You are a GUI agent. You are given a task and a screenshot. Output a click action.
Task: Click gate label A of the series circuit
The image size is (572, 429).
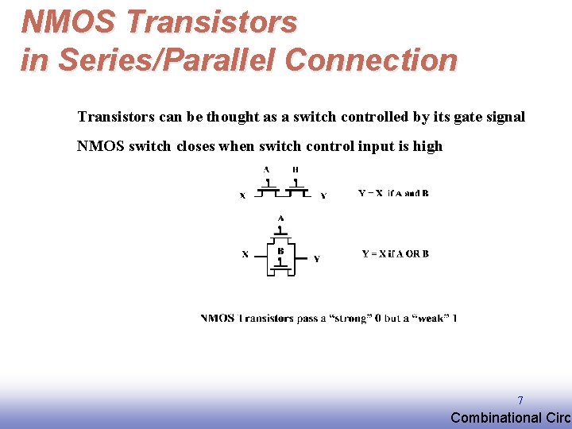click(x=266, y=169)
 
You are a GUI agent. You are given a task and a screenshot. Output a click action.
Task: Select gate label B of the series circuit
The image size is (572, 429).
click(x=296, y=169)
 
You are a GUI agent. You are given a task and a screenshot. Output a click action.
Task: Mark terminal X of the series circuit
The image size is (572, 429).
click(x=242, y=195)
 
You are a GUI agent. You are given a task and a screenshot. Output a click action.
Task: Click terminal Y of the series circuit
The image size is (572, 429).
click(x=323, y=195)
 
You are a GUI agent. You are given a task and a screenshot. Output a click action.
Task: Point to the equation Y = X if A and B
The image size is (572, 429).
click(x=393, y=193)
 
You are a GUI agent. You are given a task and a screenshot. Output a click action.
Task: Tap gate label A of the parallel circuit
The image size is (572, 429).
click(x=280, y=218)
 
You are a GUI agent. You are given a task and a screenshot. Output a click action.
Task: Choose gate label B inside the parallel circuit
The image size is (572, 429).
click(x=280, y=251)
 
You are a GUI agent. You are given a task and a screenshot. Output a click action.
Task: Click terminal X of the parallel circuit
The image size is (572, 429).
click(x=245, y=254)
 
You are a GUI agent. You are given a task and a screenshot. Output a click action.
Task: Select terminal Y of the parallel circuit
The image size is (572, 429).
click(x=316, y=258)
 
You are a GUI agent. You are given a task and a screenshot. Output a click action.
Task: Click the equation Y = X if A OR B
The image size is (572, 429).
click(x=395, y=254)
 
